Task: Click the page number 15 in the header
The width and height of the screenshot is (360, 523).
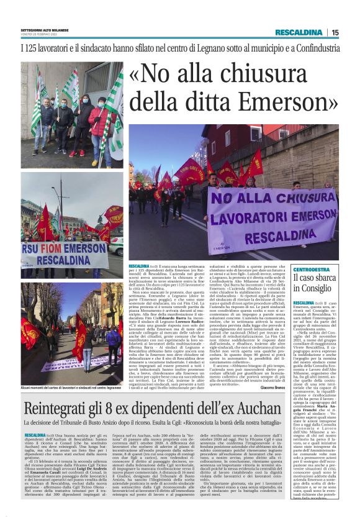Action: click(335, 32)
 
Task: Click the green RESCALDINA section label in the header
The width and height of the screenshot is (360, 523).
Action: click(299, 32)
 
